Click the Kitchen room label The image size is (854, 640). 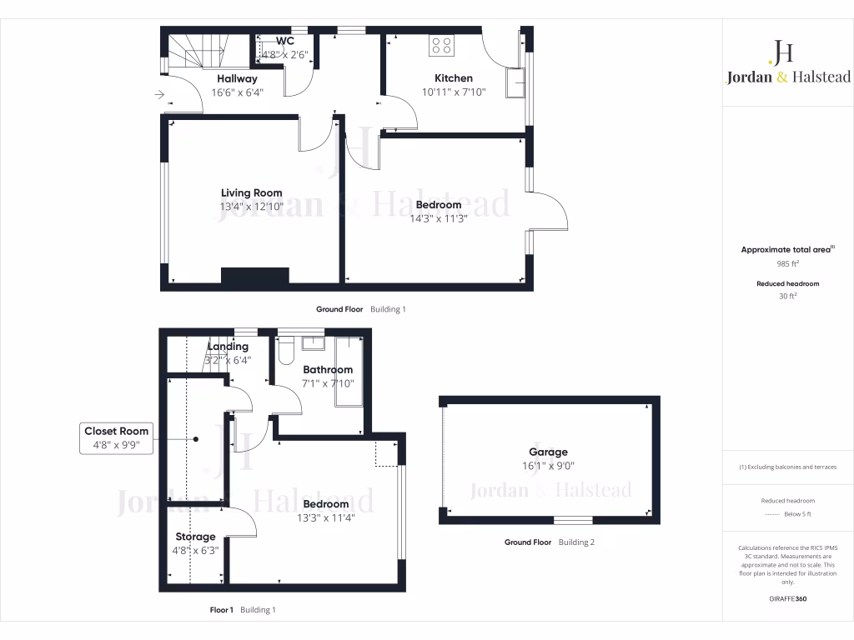(454, 78)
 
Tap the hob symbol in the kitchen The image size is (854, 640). (441, 46)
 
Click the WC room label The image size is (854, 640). (285, 41)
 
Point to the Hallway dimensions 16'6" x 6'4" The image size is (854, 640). (237, 92)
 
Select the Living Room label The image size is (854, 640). (251, 193)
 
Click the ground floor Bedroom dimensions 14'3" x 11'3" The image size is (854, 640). (438, 219)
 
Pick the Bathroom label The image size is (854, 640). (328, 369)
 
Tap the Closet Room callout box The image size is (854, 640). (117, 438)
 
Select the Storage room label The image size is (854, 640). (195, 537)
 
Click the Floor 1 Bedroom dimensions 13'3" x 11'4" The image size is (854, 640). (326, 518)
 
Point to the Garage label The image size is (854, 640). (548, 452)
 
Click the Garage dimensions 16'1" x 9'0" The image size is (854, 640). (548, 467)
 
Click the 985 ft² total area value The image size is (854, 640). (788, 263)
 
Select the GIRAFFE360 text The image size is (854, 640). (788, 598)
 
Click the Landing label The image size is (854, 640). (228, 347)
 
